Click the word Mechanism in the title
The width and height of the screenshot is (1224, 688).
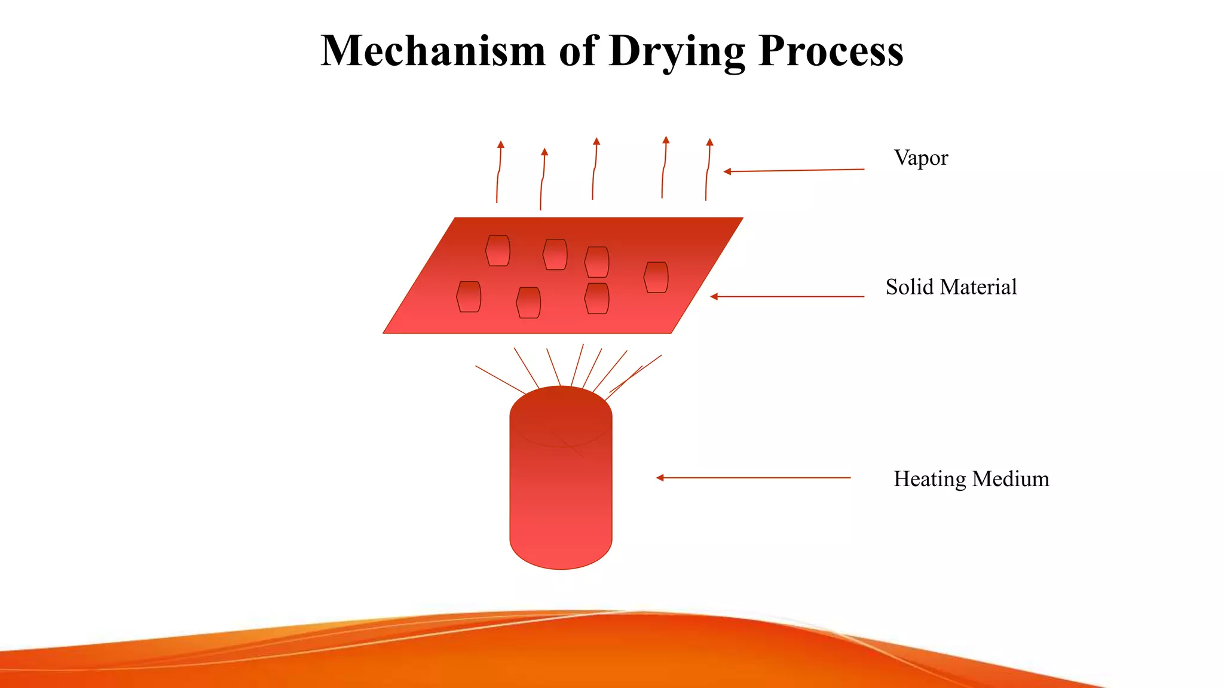point(433,51)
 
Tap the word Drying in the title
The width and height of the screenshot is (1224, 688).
point(677,52)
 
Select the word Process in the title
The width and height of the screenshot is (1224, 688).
point(831,51)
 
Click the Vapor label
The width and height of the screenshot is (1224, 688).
point(920,158)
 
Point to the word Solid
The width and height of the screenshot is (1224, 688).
point(909,287)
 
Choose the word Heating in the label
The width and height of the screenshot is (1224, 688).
point(929,480)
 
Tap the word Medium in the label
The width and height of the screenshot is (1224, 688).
point(1011,479)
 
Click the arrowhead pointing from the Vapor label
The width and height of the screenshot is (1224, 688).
point(727,171)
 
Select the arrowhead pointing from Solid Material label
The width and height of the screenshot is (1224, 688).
point(714,296)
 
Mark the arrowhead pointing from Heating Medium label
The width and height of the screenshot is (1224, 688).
point(660,478)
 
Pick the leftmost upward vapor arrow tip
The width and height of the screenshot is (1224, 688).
point(501,144)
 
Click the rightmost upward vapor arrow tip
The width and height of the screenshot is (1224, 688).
point(709,142)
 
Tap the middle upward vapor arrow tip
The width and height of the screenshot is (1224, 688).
point(596,141)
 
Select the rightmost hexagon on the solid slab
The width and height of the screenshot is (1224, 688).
point(656,277)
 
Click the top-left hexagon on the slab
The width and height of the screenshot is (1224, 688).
point(498,250)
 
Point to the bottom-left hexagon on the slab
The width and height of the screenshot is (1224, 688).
point(469,296)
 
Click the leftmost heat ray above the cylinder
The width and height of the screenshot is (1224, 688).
point(500,380)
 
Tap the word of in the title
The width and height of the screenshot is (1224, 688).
point(579,51)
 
